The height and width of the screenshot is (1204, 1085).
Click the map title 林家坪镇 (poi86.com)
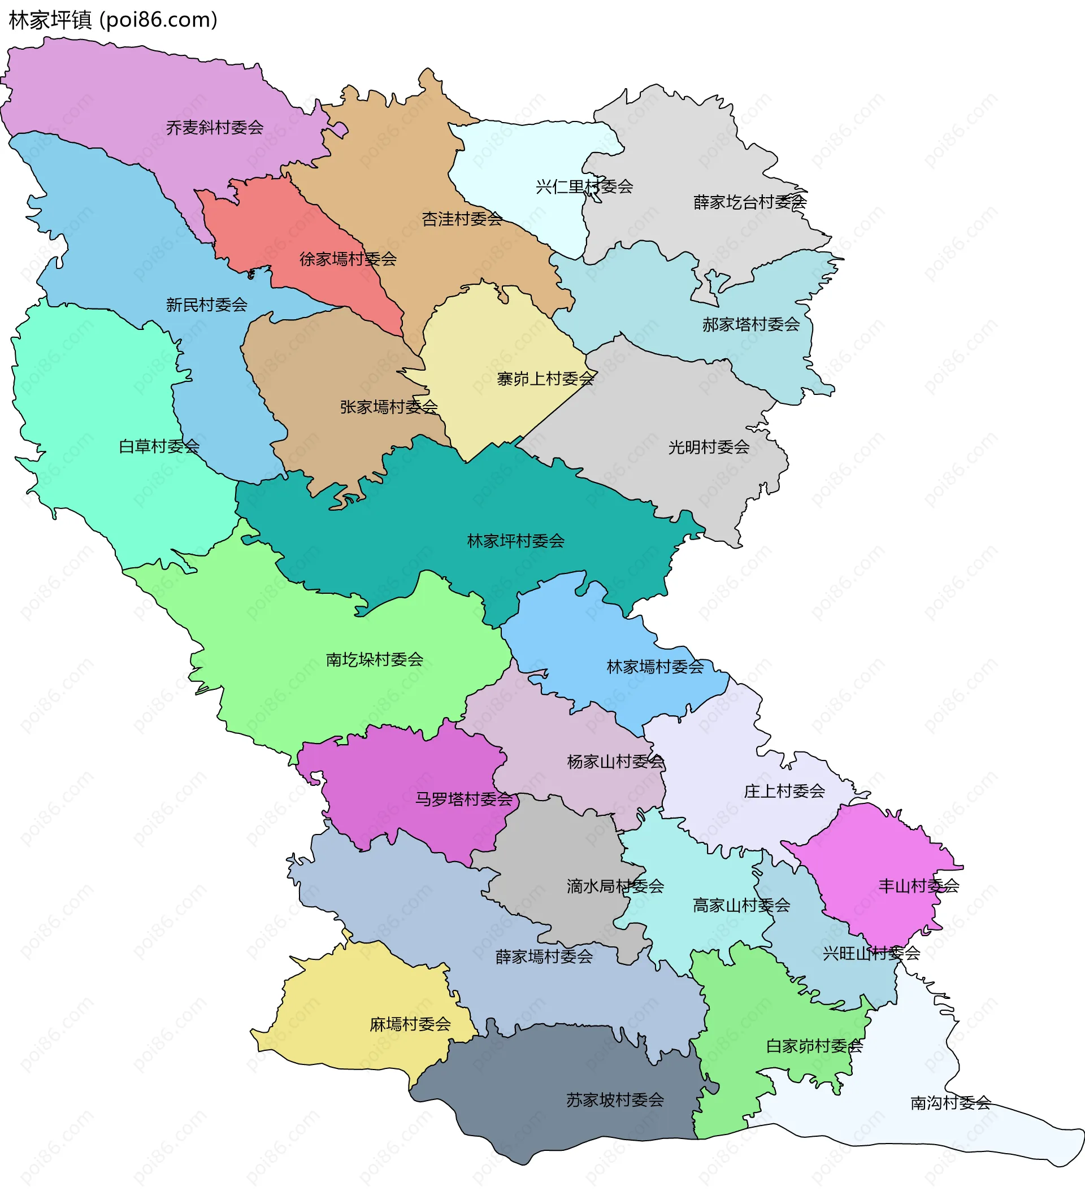113,20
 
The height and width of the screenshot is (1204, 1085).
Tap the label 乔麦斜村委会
215,128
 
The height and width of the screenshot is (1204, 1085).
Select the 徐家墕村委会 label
348,259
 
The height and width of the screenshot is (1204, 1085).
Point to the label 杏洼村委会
462,219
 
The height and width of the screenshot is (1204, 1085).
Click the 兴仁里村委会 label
584,187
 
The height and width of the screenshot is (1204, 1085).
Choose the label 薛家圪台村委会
750,203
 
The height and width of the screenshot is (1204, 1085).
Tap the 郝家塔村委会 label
751,325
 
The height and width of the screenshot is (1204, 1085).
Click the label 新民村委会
207,305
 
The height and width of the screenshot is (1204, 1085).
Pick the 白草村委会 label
159,446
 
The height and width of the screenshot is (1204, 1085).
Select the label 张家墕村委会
389,407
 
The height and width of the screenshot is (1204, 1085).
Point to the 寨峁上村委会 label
546,379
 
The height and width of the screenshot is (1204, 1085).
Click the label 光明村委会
709,447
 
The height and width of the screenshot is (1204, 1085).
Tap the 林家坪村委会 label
516,541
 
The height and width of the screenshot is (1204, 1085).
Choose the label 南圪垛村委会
375,660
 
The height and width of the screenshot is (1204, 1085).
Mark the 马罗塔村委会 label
464,799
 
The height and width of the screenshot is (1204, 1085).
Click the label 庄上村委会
784,792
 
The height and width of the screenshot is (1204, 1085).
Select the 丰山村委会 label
919,886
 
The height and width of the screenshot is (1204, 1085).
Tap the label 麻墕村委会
410,1024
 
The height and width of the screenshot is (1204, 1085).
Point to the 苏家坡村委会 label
615,1100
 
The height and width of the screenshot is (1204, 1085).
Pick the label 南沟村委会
951,1103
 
